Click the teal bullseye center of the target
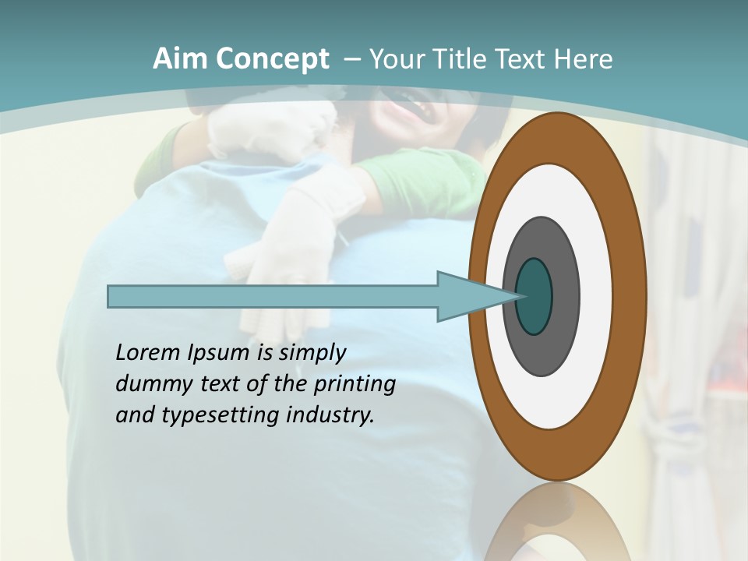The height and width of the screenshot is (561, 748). coord(534,297)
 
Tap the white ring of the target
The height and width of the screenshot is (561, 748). coord(595,297)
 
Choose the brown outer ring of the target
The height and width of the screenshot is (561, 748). coord(630,297)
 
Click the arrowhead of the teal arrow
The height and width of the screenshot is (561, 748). coord(475,297)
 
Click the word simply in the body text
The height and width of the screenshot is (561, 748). coord(312,354)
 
